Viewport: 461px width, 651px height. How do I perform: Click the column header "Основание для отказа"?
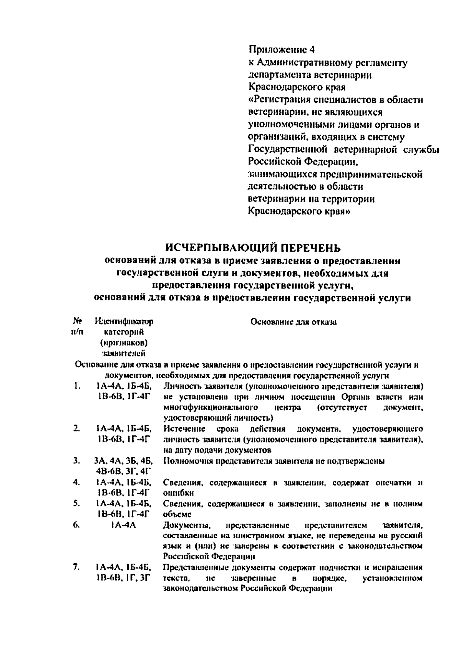click(294, 322)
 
